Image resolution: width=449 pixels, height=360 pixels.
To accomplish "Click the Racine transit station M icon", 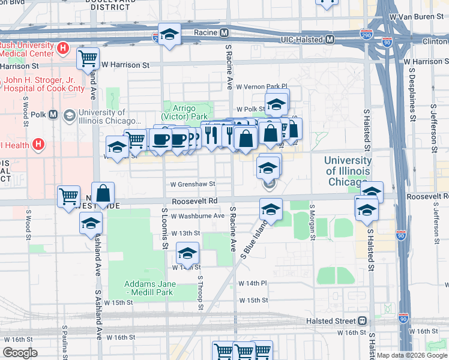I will [x=224, y=32].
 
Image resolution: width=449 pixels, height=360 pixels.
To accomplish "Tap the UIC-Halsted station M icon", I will [x=330, y=40].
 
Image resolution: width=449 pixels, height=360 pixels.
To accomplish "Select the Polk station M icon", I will [x=53, y=115].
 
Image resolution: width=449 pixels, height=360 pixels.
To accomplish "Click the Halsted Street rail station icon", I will [x=363, y=321].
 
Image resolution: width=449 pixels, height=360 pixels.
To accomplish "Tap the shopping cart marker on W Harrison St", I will [x=88, y=59].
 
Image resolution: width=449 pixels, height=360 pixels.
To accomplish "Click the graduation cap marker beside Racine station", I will [x=169, y=35].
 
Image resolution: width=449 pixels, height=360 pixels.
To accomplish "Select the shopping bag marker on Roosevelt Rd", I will [x=103, y=193].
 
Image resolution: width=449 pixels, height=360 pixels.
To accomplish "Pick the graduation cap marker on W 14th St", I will [x=187, y=254].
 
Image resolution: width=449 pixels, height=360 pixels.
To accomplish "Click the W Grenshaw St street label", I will [x=192, y=185].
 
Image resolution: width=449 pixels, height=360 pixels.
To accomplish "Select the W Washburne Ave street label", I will [x=197, y=216].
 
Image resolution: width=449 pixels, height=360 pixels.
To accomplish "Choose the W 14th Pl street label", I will [x=252, y=283].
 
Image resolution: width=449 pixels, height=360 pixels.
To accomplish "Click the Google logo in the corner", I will [x=20, y=353].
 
